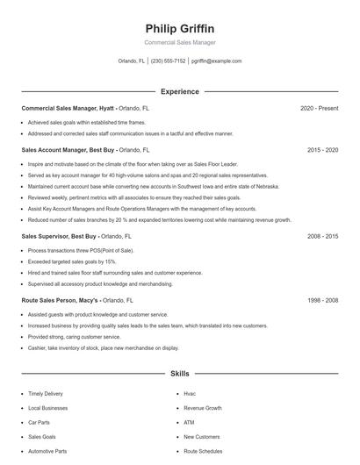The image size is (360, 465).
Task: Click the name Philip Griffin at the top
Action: [179, 28]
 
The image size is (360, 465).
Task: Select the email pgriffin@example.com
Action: [216, 61]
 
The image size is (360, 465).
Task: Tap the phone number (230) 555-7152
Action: [169, 61]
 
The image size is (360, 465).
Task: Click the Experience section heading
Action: [179, 91]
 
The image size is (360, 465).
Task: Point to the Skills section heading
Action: [179, 374]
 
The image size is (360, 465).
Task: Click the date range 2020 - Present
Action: [319, 108]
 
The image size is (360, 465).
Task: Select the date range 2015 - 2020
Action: [322, 150]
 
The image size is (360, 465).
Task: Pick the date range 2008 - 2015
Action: [322, 236]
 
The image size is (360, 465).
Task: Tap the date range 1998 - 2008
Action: [322, 299]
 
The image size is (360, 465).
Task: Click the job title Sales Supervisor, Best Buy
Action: [60, 236]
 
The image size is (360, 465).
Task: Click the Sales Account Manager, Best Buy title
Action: [68, 150]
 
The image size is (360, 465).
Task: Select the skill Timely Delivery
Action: [46, 394]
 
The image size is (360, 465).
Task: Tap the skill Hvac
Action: [190, 394]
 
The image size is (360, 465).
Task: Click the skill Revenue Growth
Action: [203, 408]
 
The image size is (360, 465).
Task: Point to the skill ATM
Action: [189, 422]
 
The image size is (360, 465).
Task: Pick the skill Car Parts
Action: [40, 422]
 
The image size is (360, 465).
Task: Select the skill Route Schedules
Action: [203, 451]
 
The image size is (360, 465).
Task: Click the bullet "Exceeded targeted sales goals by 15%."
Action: [72, 261]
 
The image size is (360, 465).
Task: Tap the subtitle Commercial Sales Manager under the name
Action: [179, 42]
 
